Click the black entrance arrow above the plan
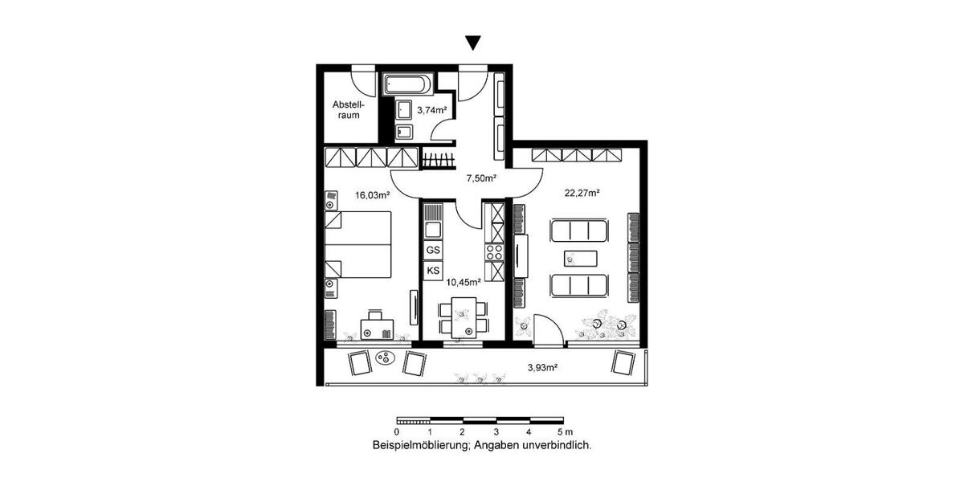[473, 43]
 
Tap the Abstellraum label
[349, 109]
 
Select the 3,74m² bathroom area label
[431, 111]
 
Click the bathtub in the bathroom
[408, 84]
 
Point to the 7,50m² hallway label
[481, 178]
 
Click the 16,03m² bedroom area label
[373, 194]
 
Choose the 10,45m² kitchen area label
[464, 282]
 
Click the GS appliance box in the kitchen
[433, 251]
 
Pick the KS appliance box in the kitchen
[433, 270]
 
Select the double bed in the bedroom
[358, 243]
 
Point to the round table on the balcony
[385, 359]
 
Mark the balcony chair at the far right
[623, 362]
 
